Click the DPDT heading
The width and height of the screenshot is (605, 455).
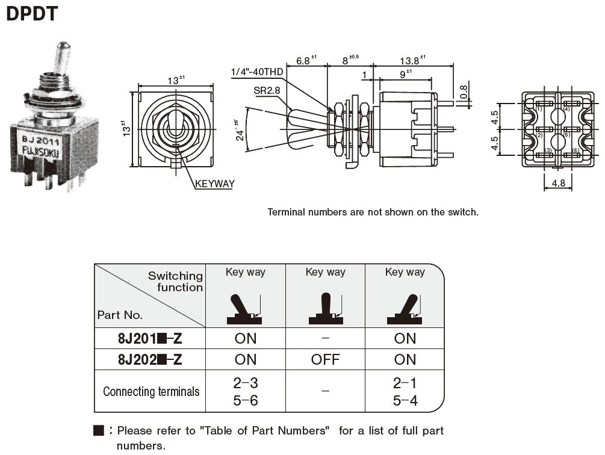point(32,13)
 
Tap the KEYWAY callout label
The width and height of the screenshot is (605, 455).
point(214,184)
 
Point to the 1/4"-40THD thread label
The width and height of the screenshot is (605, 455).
point(257,73)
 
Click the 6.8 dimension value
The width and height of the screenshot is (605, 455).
point(304,61)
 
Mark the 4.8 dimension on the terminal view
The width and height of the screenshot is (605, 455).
point(559,183)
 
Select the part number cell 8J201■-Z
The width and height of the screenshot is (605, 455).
point(150,339)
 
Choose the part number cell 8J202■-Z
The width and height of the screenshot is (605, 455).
point(150,360)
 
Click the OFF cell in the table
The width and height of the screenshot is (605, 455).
point(325,360)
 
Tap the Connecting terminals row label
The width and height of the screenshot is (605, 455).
point(150,392)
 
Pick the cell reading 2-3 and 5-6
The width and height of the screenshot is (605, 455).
point(245,392)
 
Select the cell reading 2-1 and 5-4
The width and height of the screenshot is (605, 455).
point(405,392)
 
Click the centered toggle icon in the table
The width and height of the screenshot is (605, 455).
point(326,309)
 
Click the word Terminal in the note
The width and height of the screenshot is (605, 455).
point(286,212)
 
